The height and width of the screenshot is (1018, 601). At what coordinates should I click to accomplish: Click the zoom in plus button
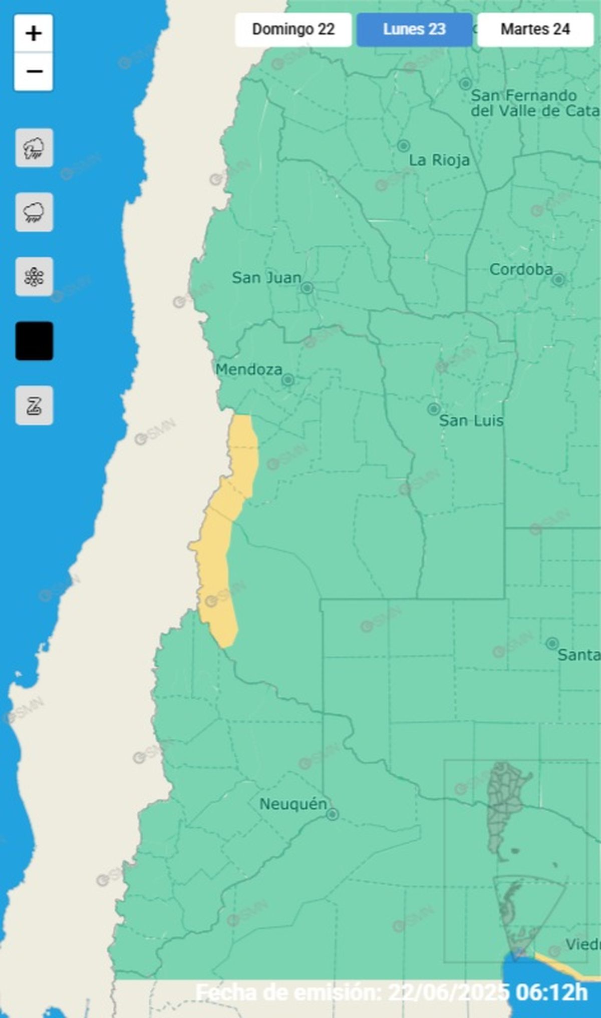[34, 34]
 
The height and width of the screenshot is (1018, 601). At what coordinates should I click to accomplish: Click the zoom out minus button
[34, 72]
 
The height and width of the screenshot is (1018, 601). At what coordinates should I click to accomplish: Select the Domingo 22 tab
[293, 30]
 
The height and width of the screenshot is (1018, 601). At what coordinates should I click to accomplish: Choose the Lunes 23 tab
[414, 30]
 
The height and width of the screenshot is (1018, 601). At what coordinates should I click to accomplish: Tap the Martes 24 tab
[535, 30]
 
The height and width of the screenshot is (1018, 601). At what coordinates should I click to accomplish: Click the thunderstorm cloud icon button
[34, 148]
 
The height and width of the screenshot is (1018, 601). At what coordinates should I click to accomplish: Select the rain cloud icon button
[34, 212]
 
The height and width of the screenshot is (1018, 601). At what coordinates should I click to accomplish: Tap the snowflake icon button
[34, 277]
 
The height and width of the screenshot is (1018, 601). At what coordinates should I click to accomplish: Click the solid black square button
[34, 341]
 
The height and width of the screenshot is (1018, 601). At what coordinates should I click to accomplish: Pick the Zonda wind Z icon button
[34, 405]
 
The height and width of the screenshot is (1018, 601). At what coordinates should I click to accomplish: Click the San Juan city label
[266, 278]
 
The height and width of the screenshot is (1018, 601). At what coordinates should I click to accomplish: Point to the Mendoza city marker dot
[287, 380]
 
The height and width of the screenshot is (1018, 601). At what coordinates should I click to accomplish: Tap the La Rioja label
[439, 161]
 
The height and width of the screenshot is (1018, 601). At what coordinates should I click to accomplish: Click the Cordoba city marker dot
[558, 280]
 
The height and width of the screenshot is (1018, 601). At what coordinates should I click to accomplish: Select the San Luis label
[471, 421]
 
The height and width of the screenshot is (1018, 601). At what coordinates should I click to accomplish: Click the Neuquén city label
[293, 804]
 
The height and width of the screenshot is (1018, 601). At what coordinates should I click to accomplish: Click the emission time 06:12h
[551, 992]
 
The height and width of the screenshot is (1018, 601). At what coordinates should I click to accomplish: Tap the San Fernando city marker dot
[466, 84]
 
